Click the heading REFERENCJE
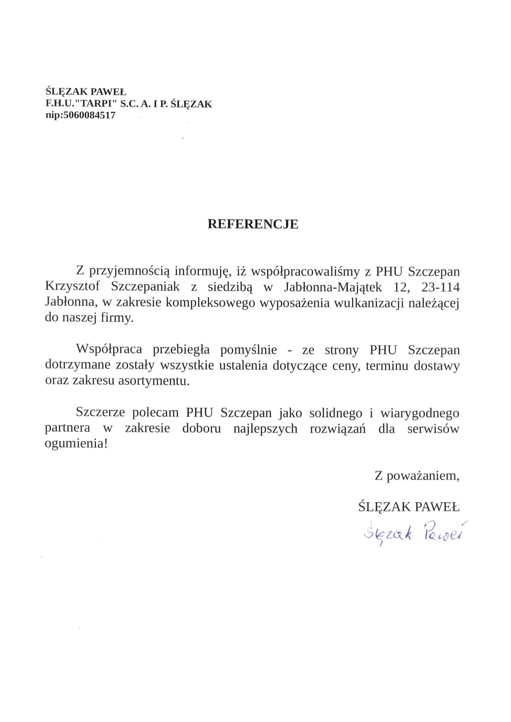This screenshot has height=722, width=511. pyautogui.click(x=253, y=224)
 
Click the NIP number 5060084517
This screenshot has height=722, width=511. pyautogui.click(x=89, y=115)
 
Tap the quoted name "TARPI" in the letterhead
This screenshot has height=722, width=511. pyautogui.click(x=99, y=104)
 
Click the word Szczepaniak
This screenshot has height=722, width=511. pyautogui.click(x=146, y=287)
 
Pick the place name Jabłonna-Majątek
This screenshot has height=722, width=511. pyautogui.click(x=333, y=287)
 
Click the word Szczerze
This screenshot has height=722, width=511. pyautogui.click(x=100, y=412)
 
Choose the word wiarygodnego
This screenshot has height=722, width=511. pyautogui.click(x=420, y=413)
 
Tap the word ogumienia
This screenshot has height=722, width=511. pyautogui.click(x=76, y=444)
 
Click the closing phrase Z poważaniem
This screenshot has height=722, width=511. pyautogui.click(x=416, y=476)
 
